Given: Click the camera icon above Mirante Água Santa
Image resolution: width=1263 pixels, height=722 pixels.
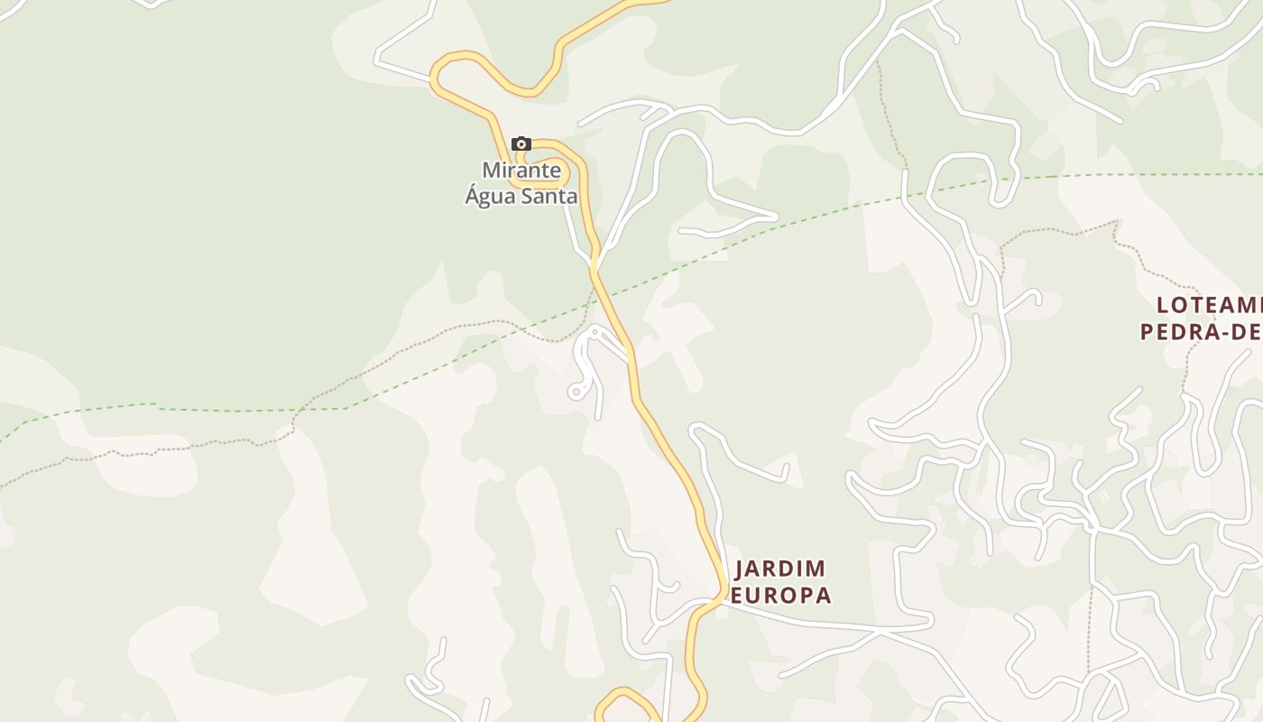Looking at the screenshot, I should coord(521,143).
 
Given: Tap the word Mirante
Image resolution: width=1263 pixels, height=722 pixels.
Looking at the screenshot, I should coord(521,170).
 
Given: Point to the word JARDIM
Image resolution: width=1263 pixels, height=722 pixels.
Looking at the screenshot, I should coord(780,569).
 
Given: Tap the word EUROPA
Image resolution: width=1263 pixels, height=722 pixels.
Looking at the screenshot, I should coord(780,596).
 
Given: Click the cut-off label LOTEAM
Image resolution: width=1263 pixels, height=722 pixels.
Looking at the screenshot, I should coord(1210,304).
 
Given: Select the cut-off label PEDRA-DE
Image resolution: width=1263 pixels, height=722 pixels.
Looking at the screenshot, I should coord(1201,331).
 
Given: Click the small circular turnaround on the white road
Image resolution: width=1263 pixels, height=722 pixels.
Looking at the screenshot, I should coord(575,392).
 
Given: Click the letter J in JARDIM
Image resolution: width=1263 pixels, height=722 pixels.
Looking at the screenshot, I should coord(742,569).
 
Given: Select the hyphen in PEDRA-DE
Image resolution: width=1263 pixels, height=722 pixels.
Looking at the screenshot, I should coord(1224,332).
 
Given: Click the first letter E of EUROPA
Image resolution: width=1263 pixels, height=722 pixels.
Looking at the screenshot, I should coord(736,596).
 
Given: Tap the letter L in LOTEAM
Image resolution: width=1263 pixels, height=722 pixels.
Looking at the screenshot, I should coord(1164,304).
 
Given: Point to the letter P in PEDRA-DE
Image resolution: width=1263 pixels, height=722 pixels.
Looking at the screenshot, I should coord(1148,331).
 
